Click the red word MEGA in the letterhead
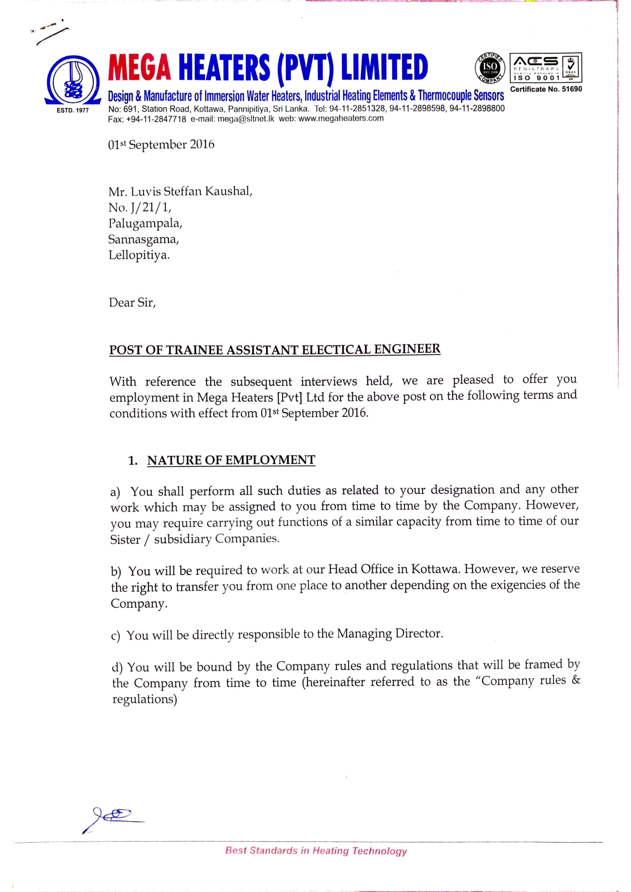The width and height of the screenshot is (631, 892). (139, 67)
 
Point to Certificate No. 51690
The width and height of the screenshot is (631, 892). (546, 89)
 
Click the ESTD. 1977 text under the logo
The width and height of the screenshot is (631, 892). (73, 110)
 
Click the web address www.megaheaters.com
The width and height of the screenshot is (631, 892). (341, 118)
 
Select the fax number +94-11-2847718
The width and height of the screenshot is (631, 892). (156, 119)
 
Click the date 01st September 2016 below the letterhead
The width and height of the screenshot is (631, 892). (161, 145)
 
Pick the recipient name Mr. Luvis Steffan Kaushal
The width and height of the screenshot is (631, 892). (180, 192)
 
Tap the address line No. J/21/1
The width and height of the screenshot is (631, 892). (139, 208)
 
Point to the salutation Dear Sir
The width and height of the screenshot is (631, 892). (132, 303)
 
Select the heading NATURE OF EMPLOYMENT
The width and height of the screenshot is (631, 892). (231, 460)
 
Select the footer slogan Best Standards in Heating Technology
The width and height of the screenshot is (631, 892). (316, 851)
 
